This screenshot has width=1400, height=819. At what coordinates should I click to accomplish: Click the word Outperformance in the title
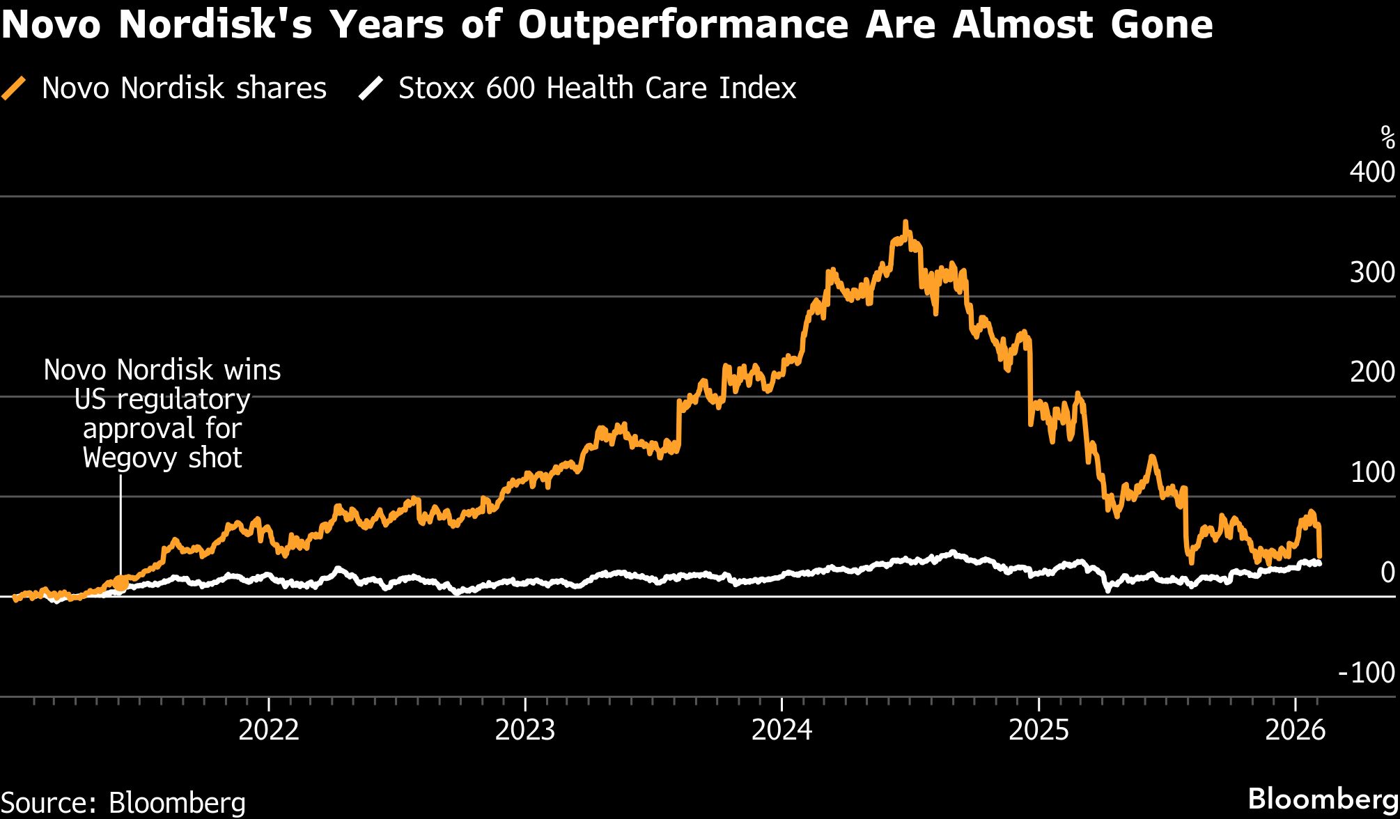683,25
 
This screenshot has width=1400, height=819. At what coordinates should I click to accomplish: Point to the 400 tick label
1371,172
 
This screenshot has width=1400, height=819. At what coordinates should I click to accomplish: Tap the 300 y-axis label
1371,272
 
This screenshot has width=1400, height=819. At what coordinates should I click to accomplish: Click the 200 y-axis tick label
1371,372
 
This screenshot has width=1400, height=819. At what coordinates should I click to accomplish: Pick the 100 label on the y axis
1371,472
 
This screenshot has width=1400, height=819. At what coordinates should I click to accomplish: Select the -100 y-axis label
1366,672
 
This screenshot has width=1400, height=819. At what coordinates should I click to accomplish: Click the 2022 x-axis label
269,730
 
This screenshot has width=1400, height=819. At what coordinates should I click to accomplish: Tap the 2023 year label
525,730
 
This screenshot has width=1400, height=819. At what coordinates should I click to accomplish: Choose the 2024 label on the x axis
782,730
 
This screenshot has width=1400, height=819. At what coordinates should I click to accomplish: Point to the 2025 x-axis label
1039,730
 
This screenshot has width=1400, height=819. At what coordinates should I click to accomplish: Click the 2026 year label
1295,730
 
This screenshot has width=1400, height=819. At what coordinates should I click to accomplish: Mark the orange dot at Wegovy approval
120,583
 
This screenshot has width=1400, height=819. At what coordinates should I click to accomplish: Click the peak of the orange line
905,223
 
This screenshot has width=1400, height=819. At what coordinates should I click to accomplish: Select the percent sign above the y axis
1387,138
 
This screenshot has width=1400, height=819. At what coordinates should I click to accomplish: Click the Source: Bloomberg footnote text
123,802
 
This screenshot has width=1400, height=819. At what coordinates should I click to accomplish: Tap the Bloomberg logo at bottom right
1323,799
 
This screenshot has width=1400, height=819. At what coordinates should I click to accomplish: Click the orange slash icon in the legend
14,88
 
